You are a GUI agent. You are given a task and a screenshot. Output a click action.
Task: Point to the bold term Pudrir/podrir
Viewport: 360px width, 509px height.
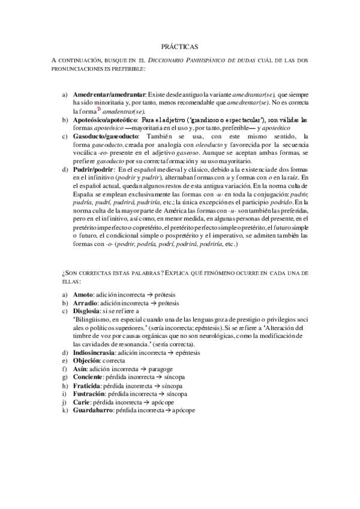pos(93,169)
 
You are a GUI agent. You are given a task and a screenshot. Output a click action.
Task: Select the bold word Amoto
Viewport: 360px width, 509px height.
pos(83,295)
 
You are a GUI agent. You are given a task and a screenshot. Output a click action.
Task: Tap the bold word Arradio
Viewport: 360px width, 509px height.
pos(85,304)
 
